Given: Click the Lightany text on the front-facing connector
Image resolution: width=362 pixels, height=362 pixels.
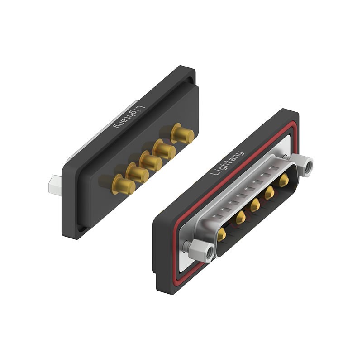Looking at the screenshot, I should coord(228,162).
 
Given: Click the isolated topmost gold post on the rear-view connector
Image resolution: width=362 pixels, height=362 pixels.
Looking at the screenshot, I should coord(182,133).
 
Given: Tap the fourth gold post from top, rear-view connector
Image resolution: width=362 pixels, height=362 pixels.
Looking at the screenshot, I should coord(137,172).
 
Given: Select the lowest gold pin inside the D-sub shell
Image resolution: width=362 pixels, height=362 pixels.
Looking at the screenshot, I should coord(222,234).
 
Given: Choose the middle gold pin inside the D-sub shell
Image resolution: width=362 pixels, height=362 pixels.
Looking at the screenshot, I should coord(255,206).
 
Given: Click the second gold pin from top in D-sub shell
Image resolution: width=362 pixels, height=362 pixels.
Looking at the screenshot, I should coord(270,193).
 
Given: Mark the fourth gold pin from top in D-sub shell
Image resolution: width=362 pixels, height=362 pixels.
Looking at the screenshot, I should coord(239,219).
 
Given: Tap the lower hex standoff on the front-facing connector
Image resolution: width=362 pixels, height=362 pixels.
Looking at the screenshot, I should coord(201,251).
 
